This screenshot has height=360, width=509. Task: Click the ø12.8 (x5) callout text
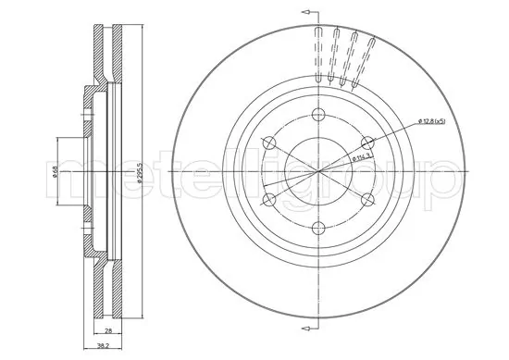(431, 121)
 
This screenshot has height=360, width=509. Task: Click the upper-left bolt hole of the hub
(270, 143)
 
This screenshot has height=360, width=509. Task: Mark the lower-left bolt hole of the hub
(269, 199)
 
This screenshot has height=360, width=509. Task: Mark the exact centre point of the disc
(317, 171)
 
